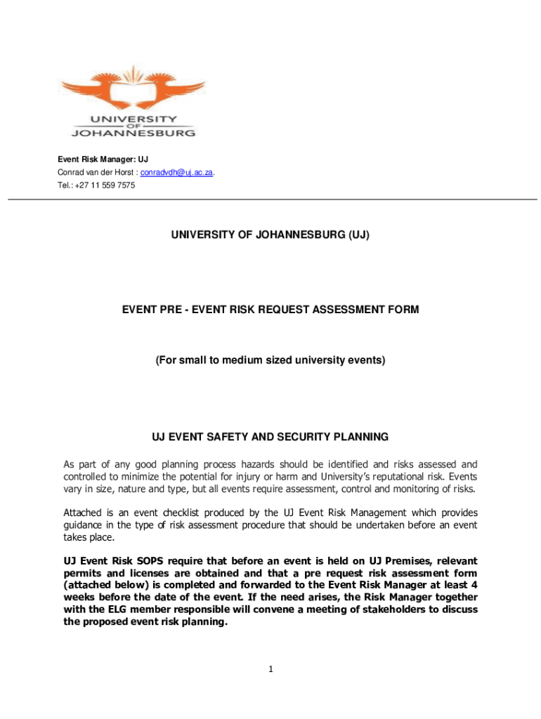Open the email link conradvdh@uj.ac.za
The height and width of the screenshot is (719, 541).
coord(177,173)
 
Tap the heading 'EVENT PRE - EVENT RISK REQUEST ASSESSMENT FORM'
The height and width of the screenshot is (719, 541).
coord(270,309)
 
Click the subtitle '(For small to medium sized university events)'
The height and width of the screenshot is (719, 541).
coord(270,360)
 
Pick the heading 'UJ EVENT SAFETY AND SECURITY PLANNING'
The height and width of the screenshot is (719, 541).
coord(270,437)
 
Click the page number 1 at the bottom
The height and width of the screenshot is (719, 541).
coord(270,669)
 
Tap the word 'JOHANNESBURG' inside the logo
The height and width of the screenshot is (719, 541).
coord(133,131)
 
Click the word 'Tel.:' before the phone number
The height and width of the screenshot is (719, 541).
coord(67,185)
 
